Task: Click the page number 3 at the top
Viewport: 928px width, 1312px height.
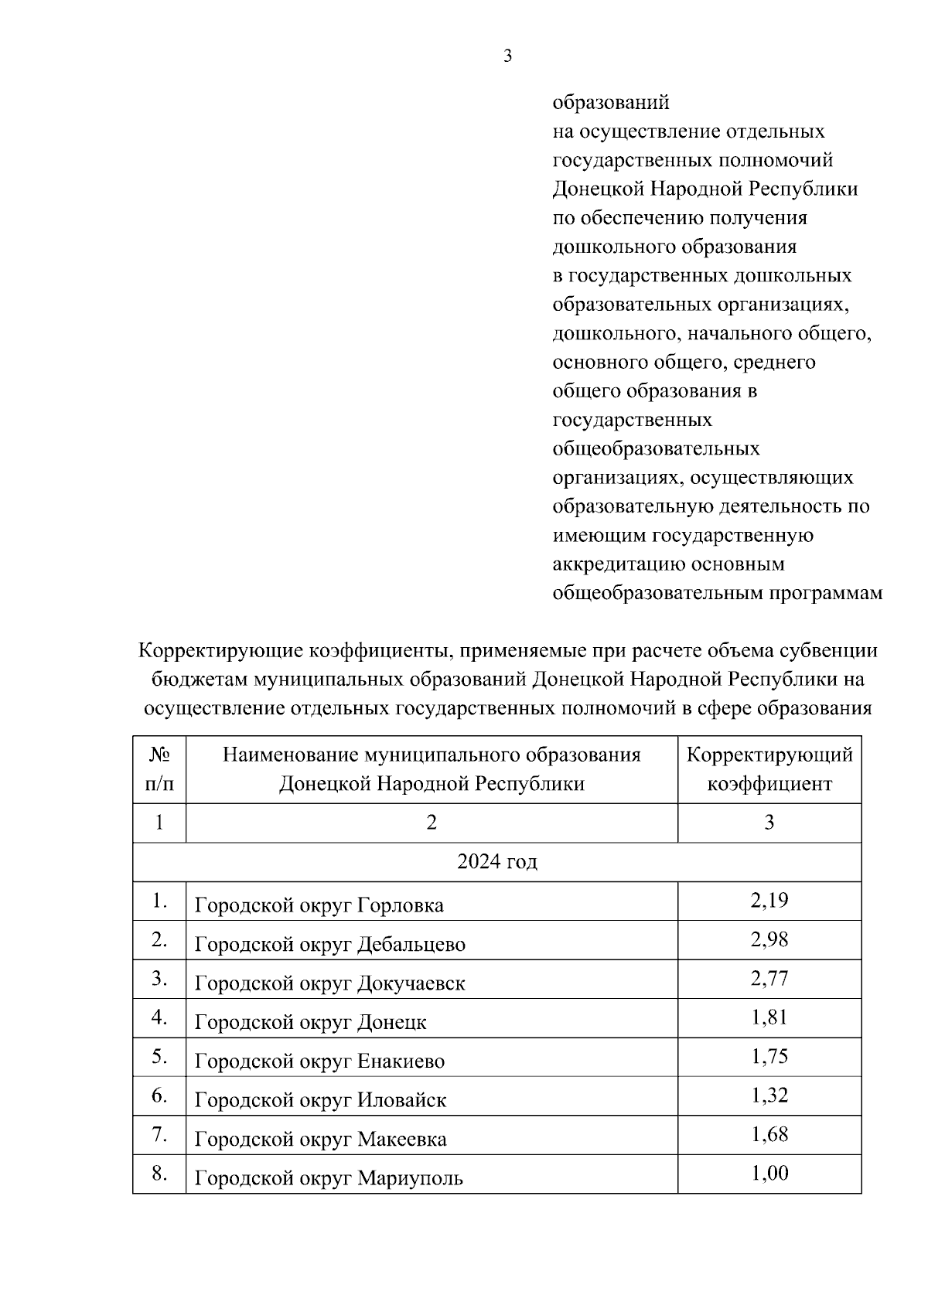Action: pos(507,56)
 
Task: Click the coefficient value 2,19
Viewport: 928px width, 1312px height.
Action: pos(769,900)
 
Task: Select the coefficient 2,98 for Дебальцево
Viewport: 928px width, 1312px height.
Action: pos(769,939)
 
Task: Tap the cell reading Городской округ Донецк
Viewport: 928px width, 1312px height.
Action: pos(310,1022)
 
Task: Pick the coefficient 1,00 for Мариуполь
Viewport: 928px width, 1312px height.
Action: pos(769,1174)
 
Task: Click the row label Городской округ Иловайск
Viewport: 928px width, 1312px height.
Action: pos(320,1100)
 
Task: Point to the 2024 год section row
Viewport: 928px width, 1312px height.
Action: pos(496,861)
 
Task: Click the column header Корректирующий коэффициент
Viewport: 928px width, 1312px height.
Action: pos(769,768)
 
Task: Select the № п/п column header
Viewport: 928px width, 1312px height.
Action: pos(159,768)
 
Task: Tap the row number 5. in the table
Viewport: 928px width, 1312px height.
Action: pos(159,1056)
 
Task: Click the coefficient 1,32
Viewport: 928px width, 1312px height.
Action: pos(769,1096)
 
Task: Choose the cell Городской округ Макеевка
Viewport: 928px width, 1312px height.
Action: pos(320,1139)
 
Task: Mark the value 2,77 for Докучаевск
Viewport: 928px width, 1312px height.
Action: pos(769,978)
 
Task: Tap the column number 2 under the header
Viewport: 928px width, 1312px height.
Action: pos(432,823)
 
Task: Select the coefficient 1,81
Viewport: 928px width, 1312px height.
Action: pos(769,1017)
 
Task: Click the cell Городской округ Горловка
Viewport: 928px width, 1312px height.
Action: pos(319,905)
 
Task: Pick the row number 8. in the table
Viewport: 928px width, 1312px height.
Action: pos(159,1174)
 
